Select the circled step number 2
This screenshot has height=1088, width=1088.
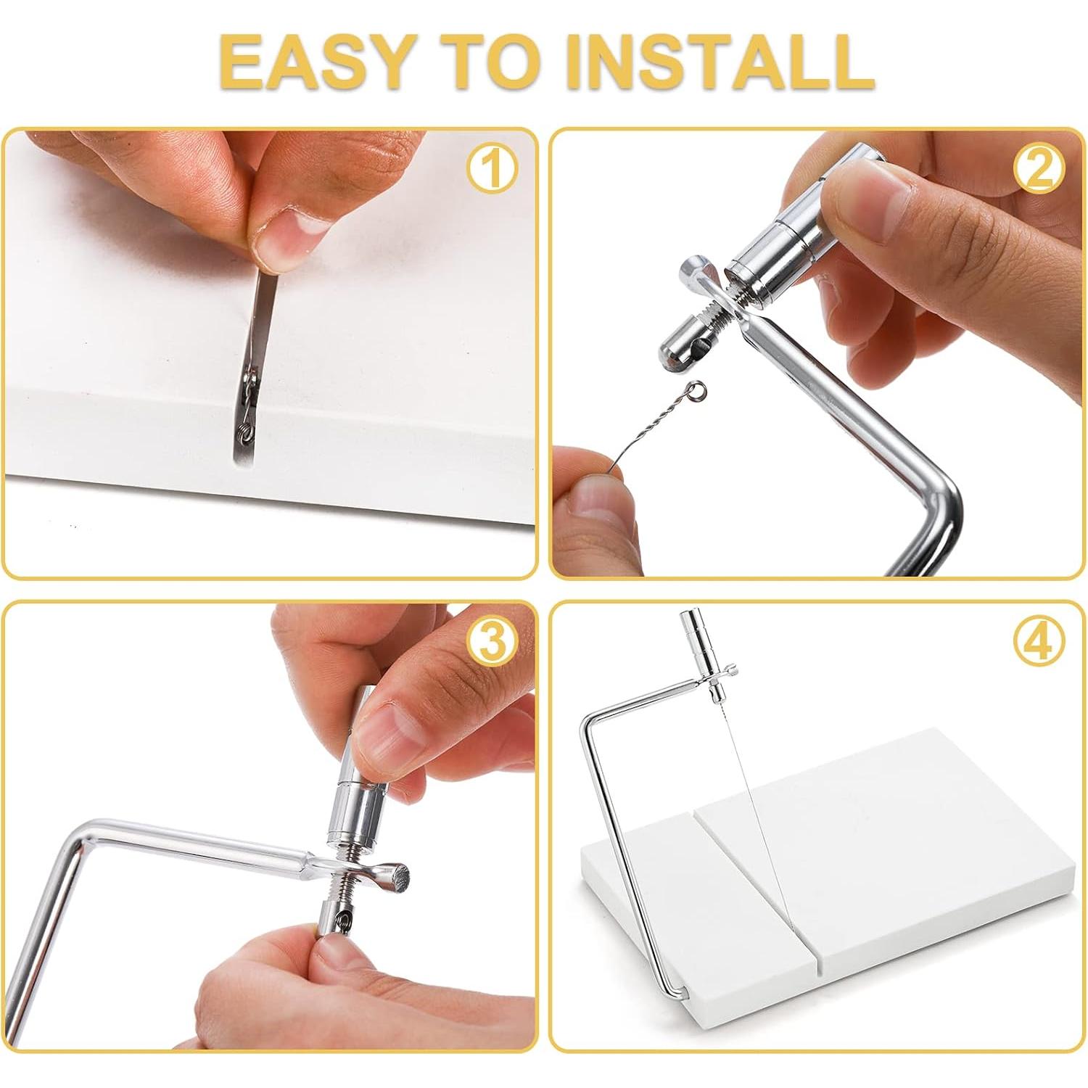click(1039, 169)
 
